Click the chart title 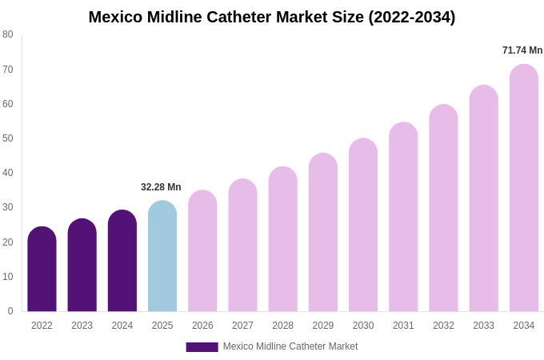272,17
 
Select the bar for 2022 42,270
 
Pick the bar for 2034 524,188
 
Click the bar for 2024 122,261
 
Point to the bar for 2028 282,239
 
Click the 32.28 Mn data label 161,187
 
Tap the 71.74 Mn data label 522,50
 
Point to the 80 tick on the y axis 8,34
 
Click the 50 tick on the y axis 8,138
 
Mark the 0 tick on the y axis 10,311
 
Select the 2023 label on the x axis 82,326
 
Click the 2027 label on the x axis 242,326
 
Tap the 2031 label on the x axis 403,326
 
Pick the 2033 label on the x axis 483,326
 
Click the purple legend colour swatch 202,347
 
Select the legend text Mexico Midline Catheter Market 290,346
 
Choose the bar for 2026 202,251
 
